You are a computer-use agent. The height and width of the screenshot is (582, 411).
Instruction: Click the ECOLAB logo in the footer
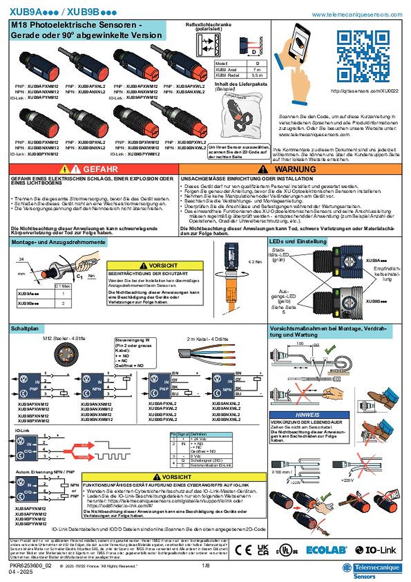coord(326,550)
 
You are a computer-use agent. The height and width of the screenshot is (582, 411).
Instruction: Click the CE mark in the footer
coord(243,550)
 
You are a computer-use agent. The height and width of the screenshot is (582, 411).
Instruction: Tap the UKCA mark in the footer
coord(263,550)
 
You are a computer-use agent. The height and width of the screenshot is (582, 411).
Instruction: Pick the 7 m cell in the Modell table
coord(257,70)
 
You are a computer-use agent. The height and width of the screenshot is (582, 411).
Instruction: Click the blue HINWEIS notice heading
coord(308,415)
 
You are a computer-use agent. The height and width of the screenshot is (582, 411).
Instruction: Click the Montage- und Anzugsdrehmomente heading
coord(58,242)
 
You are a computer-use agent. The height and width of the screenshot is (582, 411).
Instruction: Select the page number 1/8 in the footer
coord(205,566)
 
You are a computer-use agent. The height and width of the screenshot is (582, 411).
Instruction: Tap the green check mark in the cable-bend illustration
coord(330,349)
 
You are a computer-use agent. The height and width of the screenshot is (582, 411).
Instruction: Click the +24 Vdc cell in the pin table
coord(204,438)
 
